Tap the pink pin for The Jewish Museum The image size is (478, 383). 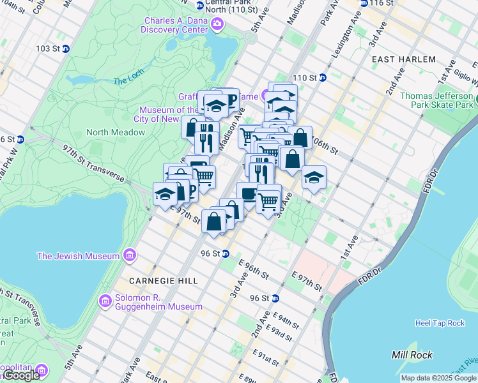click(x=130, y=256)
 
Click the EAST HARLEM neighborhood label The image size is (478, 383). click(x=404, y=59)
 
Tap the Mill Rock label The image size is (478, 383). click(x=412, y=355)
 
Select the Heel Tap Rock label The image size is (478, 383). click(x=440, y=323)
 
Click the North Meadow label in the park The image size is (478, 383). click(x=116, y=132)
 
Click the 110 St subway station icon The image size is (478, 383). click(x=323, y=78)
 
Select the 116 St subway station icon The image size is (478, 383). click(x=364, y=3)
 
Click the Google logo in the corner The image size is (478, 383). click(x=22, y=375)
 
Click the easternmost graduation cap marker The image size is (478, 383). click(x=314, y=177)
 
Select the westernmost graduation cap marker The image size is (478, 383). click(x=165, y=193)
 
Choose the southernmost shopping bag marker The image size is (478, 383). click(x=214, y=221)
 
